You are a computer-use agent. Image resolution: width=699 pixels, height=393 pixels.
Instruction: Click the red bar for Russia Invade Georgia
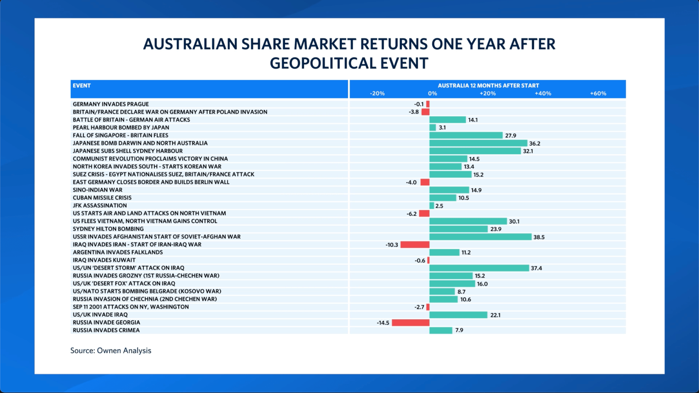click(411, 323)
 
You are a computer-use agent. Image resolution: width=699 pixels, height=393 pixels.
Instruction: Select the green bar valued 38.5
click(480, 237)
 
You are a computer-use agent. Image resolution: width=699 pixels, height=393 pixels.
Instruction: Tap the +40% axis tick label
click(543, 94)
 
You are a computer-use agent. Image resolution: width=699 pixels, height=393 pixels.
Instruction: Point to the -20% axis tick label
click(377, 94)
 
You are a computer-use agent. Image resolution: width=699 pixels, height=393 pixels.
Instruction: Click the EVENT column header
click(82, 86)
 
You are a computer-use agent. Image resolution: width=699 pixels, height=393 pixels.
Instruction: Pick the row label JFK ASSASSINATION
click(100, 206)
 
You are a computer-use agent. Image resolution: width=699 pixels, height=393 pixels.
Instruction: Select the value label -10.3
click(392, 245)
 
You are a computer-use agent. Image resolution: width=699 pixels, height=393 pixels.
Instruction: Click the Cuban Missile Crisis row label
click(102, 198)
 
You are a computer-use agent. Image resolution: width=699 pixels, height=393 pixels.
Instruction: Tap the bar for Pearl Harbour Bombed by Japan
click(433, 128)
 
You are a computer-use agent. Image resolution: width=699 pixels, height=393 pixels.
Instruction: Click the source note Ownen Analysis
click(111, 350)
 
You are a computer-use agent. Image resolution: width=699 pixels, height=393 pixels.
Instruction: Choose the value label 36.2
click(534, 144)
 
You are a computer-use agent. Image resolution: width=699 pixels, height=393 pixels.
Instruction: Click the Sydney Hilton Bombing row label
click(108, 229)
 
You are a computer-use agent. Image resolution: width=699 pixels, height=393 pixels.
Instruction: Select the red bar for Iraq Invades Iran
click(415, 245)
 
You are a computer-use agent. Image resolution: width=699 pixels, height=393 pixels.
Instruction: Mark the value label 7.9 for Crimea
click(459, 330)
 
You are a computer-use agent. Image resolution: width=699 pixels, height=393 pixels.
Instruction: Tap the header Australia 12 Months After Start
click(488, 86)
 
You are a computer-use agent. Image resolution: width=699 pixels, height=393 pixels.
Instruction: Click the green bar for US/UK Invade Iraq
click(458, 315)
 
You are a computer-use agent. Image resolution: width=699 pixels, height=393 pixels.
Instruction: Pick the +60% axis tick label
click(598, 94)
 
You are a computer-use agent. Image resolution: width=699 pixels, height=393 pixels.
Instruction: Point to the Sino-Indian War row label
click(98, 190)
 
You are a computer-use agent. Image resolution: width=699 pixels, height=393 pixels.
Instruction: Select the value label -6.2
click(411, 214)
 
